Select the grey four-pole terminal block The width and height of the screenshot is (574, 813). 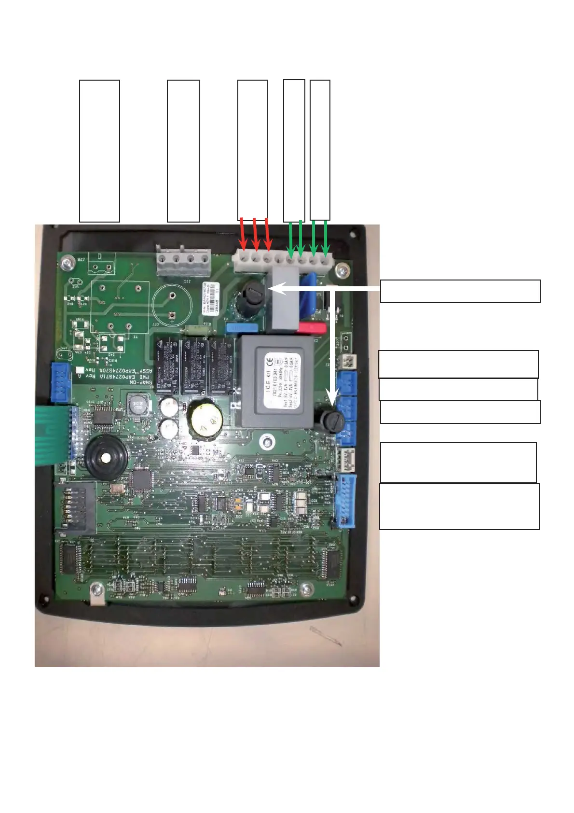click(x=184, y=261)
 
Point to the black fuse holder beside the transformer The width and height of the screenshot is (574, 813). click(x=331, y=421)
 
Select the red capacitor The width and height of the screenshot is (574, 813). click(x=312, y=328)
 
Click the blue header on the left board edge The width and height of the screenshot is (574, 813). click(x=61, y=383)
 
